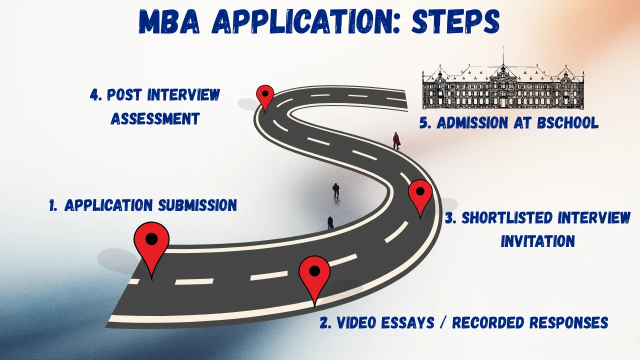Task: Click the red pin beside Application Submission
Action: tap(151, 243)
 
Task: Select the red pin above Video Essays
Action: tap(314, 274)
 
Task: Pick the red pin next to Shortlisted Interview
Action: tap(420, 195)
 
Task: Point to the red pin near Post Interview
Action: tap(265, 95)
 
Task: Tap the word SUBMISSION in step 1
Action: tap(197, 205)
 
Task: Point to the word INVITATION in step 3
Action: tap(538, 241)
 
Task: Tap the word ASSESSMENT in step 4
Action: tap(155, 118)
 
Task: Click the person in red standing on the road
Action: tap(396, 140)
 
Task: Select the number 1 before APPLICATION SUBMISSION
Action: tap(52, 205)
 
